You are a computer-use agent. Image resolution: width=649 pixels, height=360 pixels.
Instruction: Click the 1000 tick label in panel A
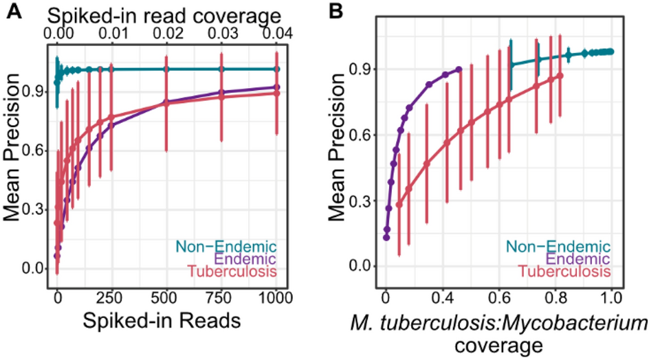[275, 300]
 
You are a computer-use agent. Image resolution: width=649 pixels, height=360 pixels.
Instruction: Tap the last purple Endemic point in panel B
[459, 69]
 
